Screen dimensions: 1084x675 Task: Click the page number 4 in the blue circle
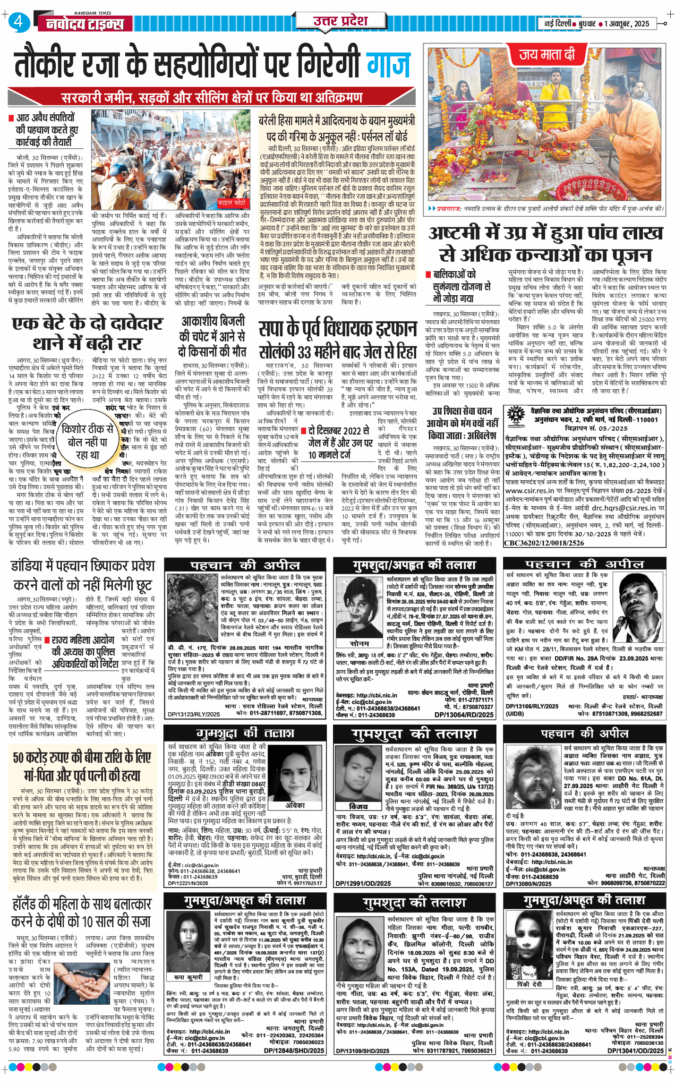pos(18,22)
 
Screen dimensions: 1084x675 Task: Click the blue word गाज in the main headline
pos(388,64)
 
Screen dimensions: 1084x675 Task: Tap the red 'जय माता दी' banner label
pos(547,55)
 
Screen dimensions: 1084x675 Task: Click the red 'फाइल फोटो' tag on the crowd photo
pos(232,203)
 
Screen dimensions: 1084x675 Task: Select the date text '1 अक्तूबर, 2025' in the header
pos(626,24)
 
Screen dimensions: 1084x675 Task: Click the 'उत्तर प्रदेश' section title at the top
pos(340,21)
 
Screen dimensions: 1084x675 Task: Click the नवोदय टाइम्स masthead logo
pos(85,24)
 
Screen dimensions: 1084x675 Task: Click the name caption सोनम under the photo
pos(359,643)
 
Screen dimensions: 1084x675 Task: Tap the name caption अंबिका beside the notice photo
pos(295,805)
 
